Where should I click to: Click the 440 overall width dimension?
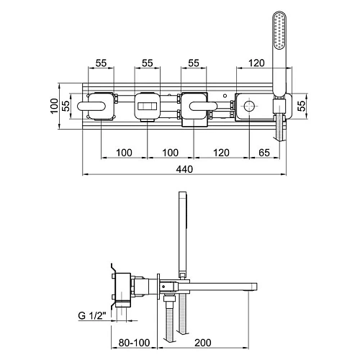click(x=184, y=169)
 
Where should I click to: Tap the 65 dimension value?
click(x=264, y=153)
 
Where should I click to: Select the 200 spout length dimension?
click(x=203, y=343)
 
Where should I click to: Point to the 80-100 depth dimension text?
click(x=134, y=343)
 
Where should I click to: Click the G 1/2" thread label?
click(x=92, y=315)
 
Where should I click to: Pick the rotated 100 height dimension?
click(x=55, y=106)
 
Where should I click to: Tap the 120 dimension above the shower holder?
click(x=256, y=63)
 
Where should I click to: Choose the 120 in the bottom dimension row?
click(x=221, y=153)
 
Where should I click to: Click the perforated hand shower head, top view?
click(x=280, y=30)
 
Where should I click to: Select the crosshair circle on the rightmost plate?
click(x=249, y=106)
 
